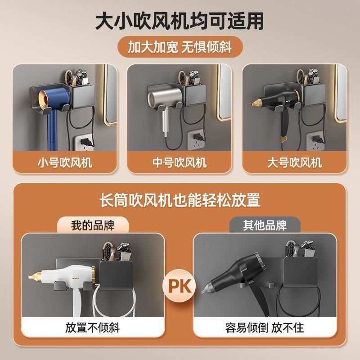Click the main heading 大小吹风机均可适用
click(x=180, y=21)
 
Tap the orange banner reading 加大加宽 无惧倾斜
click(x=180, y=47)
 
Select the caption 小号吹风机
click(x=65, y=162)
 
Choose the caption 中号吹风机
click(x=180, y=162)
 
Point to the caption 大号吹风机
click(x=294, y=162)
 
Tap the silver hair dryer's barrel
click(x=164, y=97)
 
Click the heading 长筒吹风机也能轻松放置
click(x=180, y=200)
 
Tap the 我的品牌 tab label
click(x=93, y=225)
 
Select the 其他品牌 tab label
click(x=265, y=225)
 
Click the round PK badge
click(x=179, y=286)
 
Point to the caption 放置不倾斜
click(x=93, y=327)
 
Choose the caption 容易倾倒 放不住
click(x=265, y=327)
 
